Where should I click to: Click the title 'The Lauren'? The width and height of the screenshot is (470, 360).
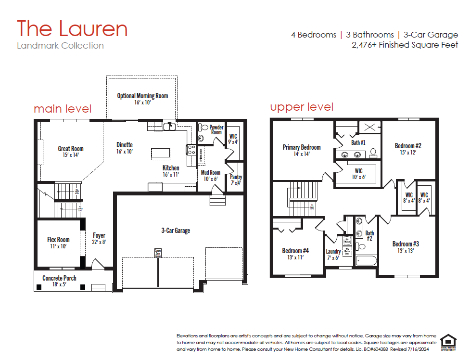tap(72, 29)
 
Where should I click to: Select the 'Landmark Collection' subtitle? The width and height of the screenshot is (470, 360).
tap(60, 46)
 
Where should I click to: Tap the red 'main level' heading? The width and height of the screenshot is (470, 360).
tap(63, 109)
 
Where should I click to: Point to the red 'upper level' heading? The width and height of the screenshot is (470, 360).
tap(302, 107)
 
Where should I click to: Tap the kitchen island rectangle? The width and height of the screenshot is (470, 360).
tap(160, 153)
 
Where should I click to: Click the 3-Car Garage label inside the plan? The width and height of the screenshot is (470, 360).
tap(175, 231)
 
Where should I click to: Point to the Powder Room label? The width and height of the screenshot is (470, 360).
tap(216, 130)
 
